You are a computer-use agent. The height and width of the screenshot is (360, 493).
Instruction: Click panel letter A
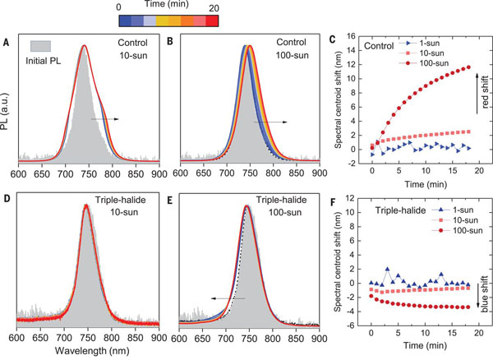point(8,39)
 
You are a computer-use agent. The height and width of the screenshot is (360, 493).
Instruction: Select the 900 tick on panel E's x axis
point(317,337)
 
